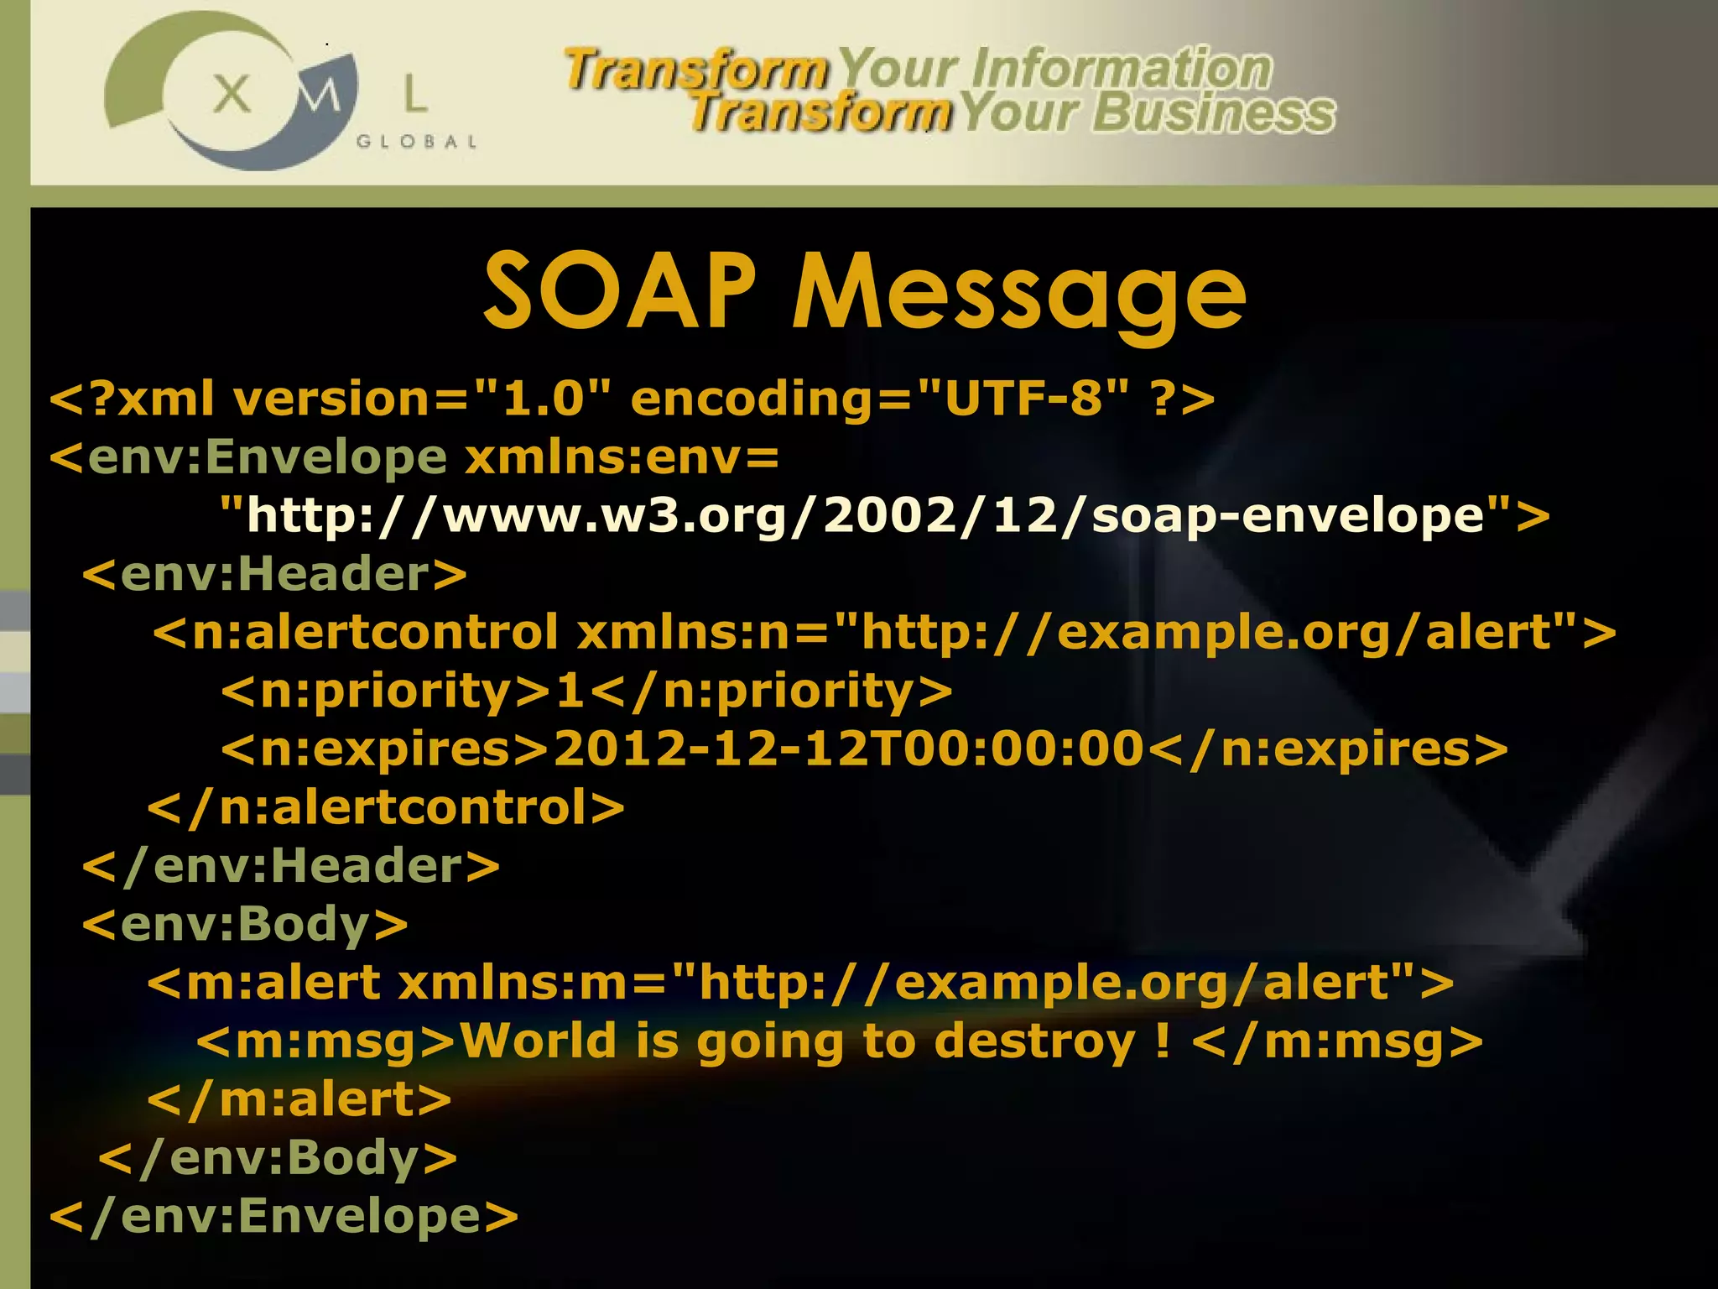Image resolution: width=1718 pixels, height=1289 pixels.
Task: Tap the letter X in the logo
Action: coord(232,94)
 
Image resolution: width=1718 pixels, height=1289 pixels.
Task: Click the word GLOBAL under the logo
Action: coord(417,142)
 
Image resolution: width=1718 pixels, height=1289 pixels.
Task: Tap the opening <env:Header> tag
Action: coord(273,574)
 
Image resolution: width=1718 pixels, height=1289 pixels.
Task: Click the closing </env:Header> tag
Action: coord(290,865)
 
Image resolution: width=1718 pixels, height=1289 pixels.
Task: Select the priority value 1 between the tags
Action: coord(570,691)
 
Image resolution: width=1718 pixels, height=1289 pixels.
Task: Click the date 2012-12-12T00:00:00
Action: coord(848,749)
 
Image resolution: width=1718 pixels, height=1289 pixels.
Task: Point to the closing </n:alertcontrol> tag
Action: coord(386,807)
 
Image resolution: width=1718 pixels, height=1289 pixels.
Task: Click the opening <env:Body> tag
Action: coord(244,924)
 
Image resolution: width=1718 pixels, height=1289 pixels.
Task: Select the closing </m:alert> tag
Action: coord(299,1099)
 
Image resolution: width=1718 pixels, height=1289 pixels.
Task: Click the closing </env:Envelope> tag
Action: coord(284,1216)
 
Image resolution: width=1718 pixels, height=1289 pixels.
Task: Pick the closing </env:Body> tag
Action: coord(278,1158)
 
